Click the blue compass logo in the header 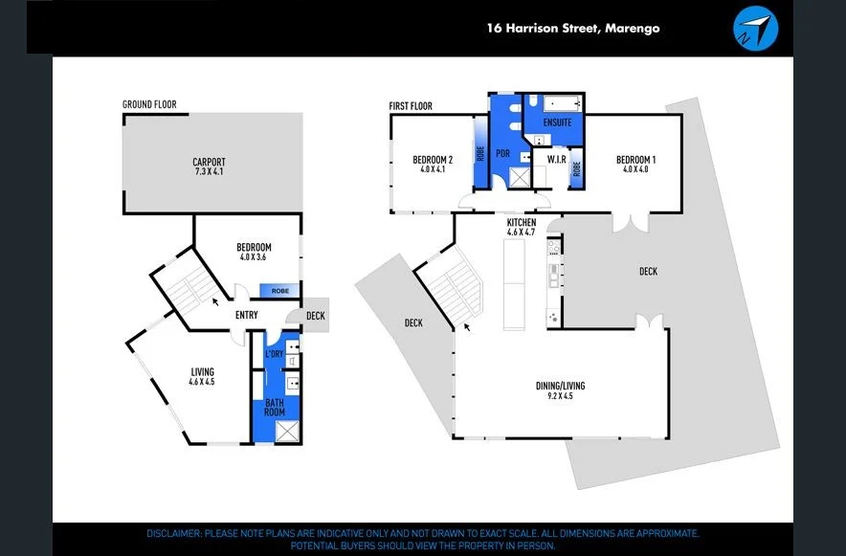756,28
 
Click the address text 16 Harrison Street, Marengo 572,29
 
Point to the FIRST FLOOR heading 411,105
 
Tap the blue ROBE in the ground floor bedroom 281,291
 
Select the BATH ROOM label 275,406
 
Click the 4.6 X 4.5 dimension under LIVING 202,383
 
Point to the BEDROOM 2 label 433,159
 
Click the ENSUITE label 557,122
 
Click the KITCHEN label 522,222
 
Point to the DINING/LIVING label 560,387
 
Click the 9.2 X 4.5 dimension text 560,397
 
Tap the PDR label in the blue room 501,152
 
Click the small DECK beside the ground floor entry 316,316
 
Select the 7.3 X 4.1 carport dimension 208,172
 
